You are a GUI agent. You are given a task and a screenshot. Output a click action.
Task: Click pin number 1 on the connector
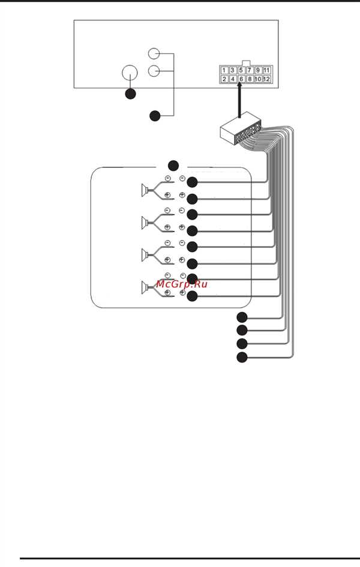(x=224, y=70)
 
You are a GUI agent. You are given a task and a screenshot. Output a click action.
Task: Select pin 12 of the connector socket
(x=267, y=79)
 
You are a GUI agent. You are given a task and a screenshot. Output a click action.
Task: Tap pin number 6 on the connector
(x=241, y=79)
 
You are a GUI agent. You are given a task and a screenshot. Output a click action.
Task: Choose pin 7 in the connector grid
(x=250, y=70)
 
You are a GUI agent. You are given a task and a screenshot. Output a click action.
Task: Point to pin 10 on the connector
(x=258, y=79)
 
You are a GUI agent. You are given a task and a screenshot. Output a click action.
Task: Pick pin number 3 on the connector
(x=232, y=70)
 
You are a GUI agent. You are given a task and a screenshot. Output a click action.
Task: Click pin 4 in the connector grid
(x=232, y=79)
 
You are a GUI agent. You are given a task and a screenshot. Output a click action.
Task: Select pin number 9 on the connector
(x=258, y=70)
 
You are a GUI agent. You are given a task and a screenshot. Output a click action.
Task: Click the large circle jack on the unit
(x=130, y=73)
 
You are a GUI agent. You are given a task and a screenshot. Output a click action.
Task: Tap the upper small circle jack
(x=154, y=54)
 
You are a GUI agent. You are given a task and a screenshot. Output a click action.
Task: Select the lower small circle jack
(x=154, y=71)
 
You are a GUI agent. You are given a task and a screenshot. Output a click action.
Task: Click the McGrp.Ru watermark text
(x=182, y=284)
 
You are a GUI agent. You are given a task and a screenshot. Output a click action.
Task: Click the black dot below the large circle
(x=130, y=94)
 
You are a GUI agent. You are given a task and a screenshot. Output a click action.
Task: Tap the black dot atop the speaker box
(x=173, y=166)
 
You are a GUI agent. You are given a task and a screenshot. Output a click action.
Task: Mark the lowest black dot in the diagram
(x=242, y=358)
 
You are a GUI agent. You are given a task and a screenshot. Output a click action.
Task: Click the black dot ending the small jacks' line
(x=155, y=116)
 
